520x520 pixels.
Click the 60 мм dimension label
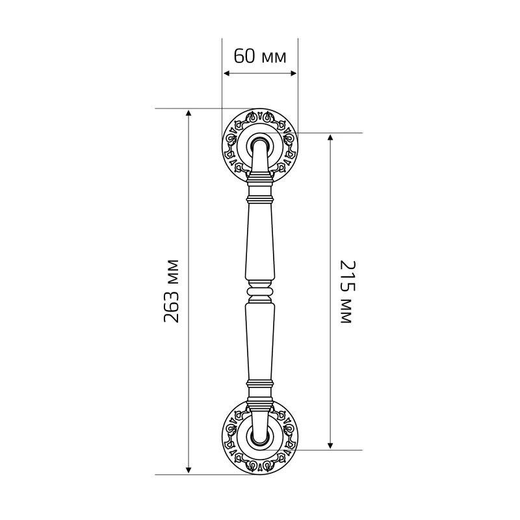[259, 56]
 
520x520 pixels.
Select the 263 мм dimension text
[172, 291]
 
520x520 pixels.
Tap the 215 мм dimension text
[348, 292]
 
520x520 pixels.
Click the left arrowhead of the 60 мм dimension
[227, 73]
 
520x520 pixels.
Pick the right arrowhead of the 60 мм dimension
[293, 73]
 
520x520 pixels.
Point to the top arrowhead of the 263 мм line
[188, 112]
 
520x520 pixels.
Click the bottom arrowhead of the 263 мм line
[188, 470]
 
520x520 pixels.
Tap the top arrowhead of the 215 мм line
[330, 137]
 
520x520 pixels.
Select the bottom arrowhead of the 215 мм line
[330, 445]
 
